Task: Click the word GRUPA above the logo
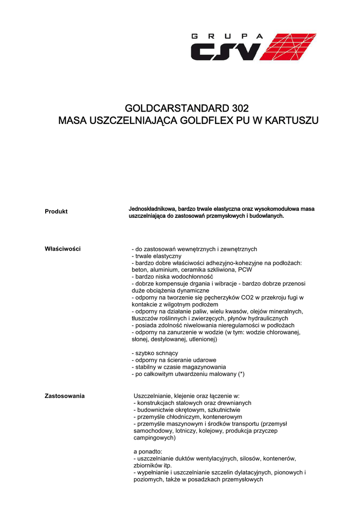coord(226,36)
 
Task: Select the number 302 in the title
coord(238,108)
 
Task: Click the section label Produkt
coord(56,211)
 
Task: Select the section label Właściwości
coord(63,249)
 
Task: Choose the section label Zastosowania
coord(65,396)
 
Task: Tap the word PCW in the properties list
coord(245,269)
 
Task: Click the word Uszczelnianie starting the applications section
coord(153,396)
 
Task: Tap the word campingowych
coord(154,438)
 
